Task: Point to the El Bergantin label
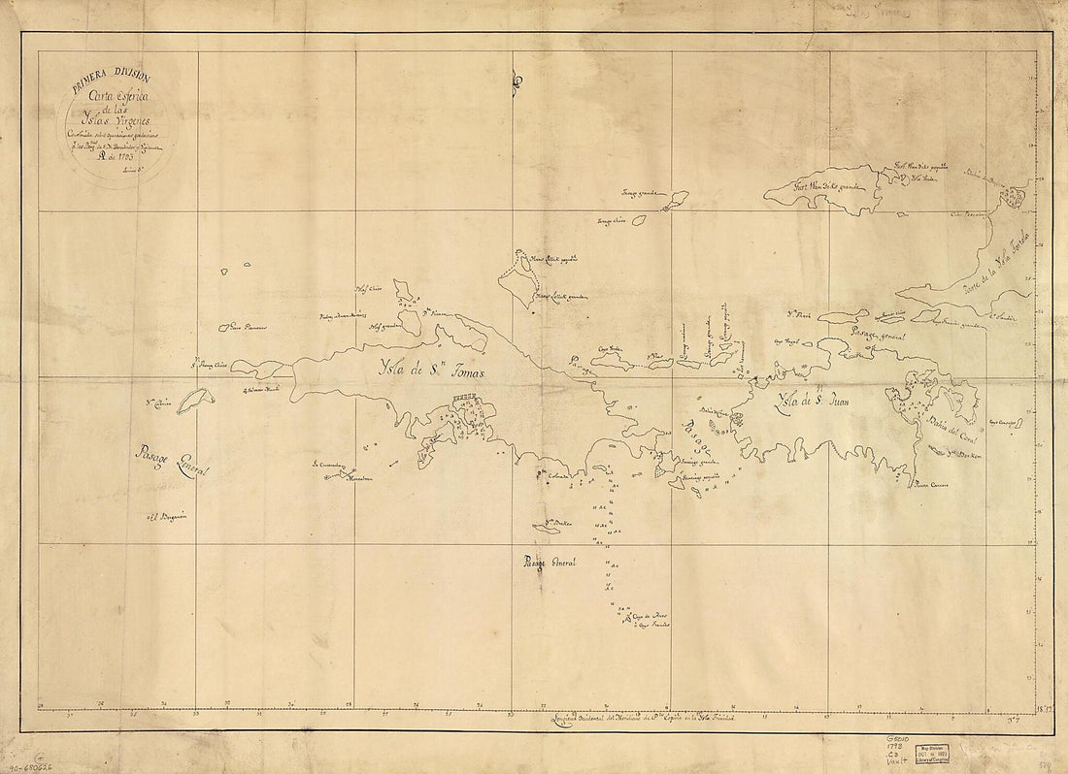[x=172, y=516]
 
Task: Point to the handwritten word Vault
[x=896, y=765]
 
